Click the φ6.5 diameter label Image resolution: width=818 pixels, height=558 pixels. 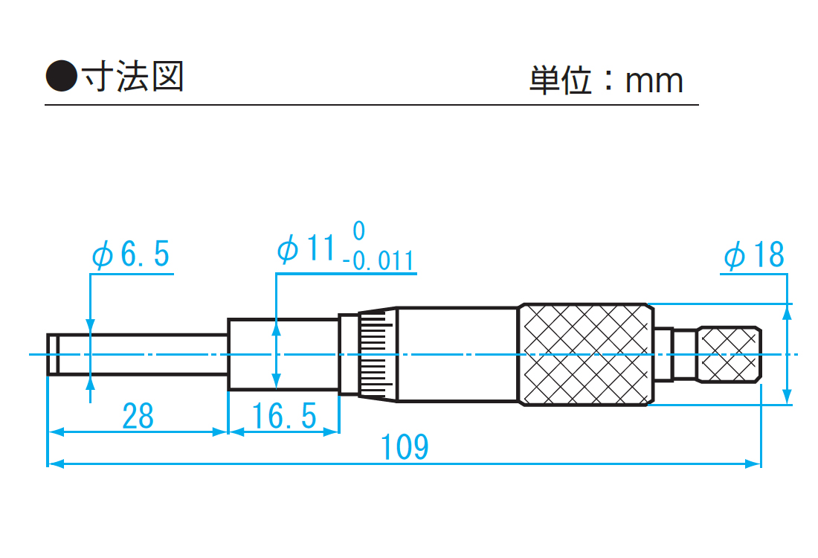(x=131, y=255)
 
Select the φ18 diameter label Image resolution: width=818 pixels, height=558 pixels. (x=754, y=255)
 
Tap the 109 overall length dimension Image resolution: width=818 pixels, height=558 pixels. (x=405, y=447)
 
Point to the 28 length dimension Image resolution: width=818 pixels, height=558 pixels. (x=138, y=416)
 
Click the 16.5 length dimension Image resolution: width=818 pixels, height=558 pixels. (x=283, y=416)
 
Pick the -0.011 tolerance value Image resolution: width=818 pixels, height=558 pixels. (x=379, y=261)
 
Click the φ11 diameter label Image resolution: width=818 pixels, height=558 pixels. (x=305, y=250)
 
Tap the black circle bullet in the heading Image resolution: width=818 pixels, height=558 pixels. (x=61, y=77)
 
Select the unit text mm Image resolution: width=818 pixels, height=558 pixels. (x=654, y=80)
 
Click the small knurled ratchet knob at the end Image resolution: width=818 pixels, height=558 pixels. (x=729, y=354)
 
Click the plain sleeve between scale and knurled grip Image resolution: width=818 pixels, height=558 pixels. (x=457, y=354)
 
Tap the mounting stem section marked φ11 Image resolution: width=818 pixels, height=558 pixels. (x=283, y=354)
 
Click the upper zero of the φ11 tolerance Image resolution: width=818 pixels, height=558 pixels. (x=359, y=231)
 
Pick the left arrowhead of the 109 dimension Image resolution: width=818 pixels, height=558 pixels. (x=54, y=464)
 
